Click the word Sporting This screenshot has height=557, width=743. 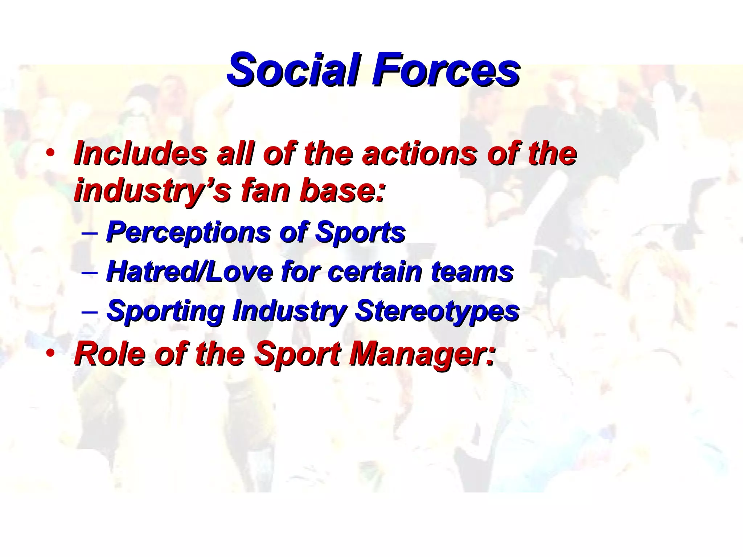click(165, 311)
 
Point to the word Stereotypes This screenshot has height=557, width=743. click(437, 311)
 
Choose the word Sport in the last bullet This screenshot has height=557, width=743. click(297, 354)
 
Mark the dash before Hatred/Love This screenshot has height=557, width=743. click(90, 272)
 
